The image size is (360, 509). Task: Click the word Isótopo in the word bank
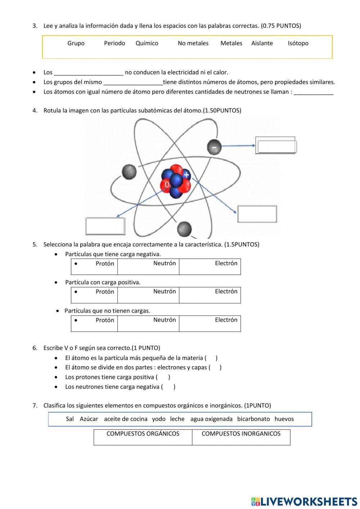(x=298, y=43)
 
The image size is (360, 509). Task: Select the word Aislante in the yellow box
(x=262, y=43)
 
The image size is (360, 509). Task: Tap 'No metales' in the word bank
(x=193, y=43)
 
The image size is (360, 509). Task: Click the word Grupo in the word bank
(x=76, y=43)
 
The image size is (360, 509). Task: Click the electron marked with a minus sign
(x=214, y=147)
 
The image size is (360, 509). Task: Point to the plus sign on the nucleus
(x=186, y=175)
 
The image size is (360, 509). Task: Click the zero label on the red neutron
(x=167, y=185)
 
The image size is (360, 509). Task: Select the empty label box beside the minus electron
(x=276, y=146)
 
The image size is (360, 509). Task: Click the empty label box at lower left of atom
(x=105, y=226)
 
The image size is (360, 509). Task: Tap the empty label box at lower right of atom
(x=257, y=214)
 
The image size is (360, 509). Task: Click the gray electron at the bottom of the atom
(x=184, y=228)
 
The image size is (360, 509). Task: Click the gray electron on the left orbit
(x=129, y=172)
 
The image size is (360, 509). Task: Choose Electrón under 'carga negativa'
(x=226, y=263)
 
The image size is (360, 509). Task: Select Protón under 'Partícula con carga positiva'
(x=105, y=292)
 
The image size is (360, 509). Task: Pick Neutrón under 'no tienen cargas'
(x=165, y=320)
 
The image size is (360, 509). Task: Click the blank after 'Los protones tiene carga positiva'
(x=163, y=377)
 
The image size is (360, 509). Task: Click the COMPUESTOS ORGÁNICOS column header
(x=143, y=434)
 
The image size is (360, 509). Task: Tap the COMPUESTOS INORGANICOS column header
(x=241, y=434)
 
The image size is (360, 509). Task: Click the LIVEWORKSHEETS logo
(x=304, y=501)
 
